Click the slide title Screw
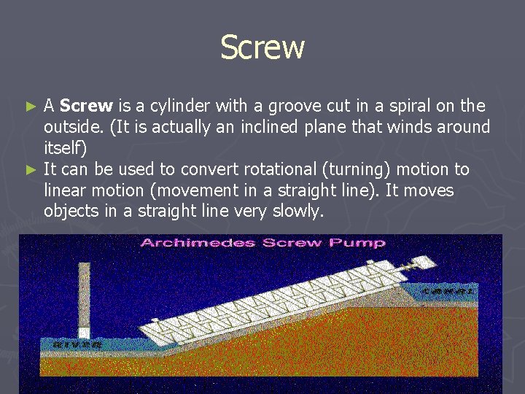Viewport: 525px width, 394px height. click(x=262, y=47)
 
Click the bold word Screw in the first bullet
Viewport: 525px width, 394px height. click(x=86, y=106)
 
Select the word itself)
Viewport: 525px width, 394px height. click(x=65, y=148)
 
